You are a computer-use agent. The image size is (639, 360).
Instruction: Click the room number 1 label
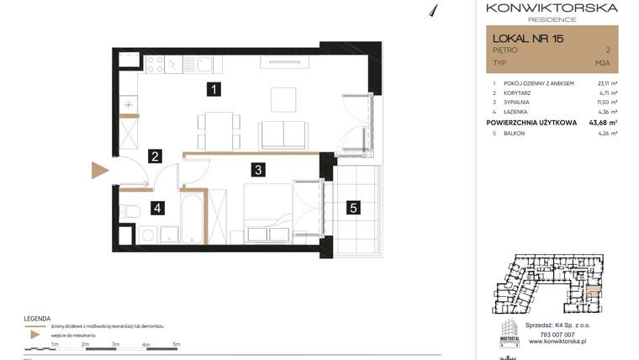point(216,88)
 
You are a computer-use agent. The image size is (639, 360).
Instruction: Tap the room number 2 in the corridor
point(155,156)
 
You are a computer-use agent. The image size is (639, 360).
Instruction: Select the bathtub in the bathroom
point(192,218)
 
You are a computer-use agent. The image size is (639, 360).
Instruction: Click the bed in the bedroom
point(271,215)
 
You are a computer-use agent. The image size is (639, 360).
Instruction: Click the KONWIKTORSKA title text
point(551,8)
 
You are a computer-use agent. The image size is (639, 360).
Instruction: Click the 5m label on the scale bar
point(176,344)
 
